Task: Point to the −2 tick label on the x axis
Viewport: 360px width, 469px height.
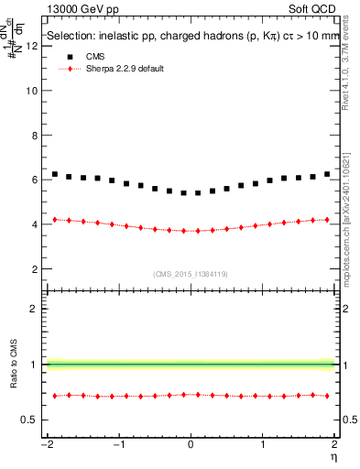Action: click(45, 444)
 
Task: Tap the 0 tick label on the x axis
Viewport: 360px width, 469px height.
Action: click(191, 444)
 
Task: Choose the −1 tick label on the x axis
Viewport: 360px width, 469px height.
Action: click(117, 444)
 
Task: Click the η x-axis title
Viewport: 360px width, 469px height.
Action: click(334, 456)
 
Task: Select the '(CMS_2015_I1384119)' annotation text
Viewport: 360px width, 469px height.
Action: click(191, 273)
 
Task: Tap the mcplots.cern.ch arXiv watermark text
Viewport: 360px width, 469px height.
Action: click(349, 216)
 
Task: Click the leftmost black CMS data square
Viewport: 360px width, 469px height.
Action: click(55, 174)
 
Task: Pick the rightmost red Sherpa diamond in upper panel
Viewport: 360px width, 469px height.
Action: click(327, 219)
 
